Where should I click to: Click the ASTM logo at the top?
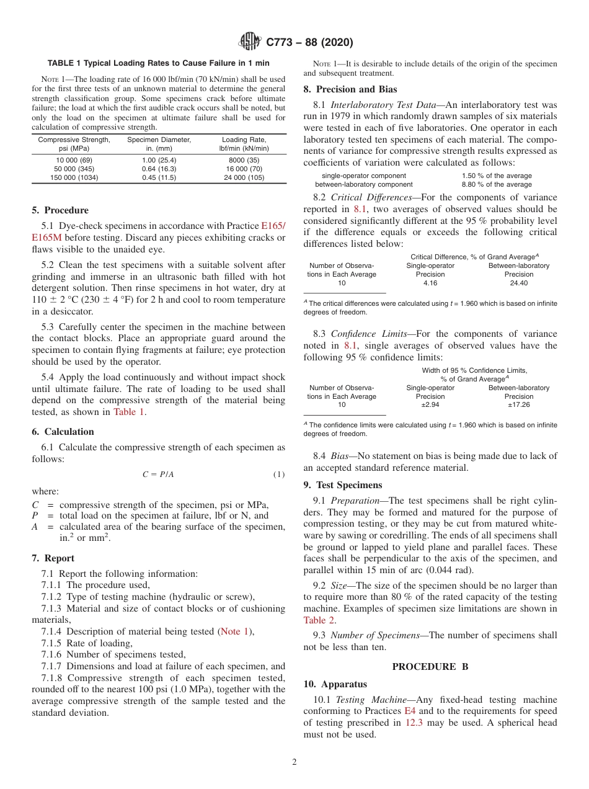pyautogui.click(x=250, y=42)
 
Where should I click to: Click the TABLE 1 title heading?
pyautogui.click(x=159, y=63)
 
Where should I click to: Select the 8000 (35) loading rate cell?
pyautogui.click(x=244, y=160)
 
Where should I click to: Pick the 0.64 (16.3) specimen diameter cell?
pyautogui.click(x=159, y=169)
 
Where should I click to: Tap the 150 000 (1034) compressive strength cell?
pyautogui.click(x=74, y=177)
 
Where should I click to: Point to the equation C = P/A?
pyautogui.click(x=158, y=475)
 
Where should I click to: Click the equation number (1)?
pyautogui.click(x=279, y=475)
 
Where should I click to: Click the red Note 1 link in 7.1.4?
pyautogui.click(x=236, y=631)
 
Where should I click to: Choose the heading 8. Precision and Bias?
pyautogui.click(x=350, y=89)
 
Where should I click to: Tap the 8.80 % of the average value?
pyautogui.click(x=497, y=184)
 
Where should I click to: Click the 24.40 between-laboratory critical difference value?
pyautogui.click(x=518, y=283)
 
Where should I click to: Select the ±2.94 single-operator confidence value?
pyautogui.click(x=430, y=404)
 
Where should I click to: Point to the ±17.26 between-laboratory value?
pyautogui.click(x=518, y=404)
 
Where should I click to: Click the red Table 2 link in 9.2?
pyautogui.click(x=319, y=620)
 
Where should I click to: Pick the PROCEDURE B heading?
pyautogui.click(x=430, y=666)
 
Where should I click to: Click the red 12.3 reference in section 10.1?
pyautogui.click(x=414, y=723)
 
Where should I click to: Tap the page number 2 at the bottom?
pyautogui.click(x=294, y=762)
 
